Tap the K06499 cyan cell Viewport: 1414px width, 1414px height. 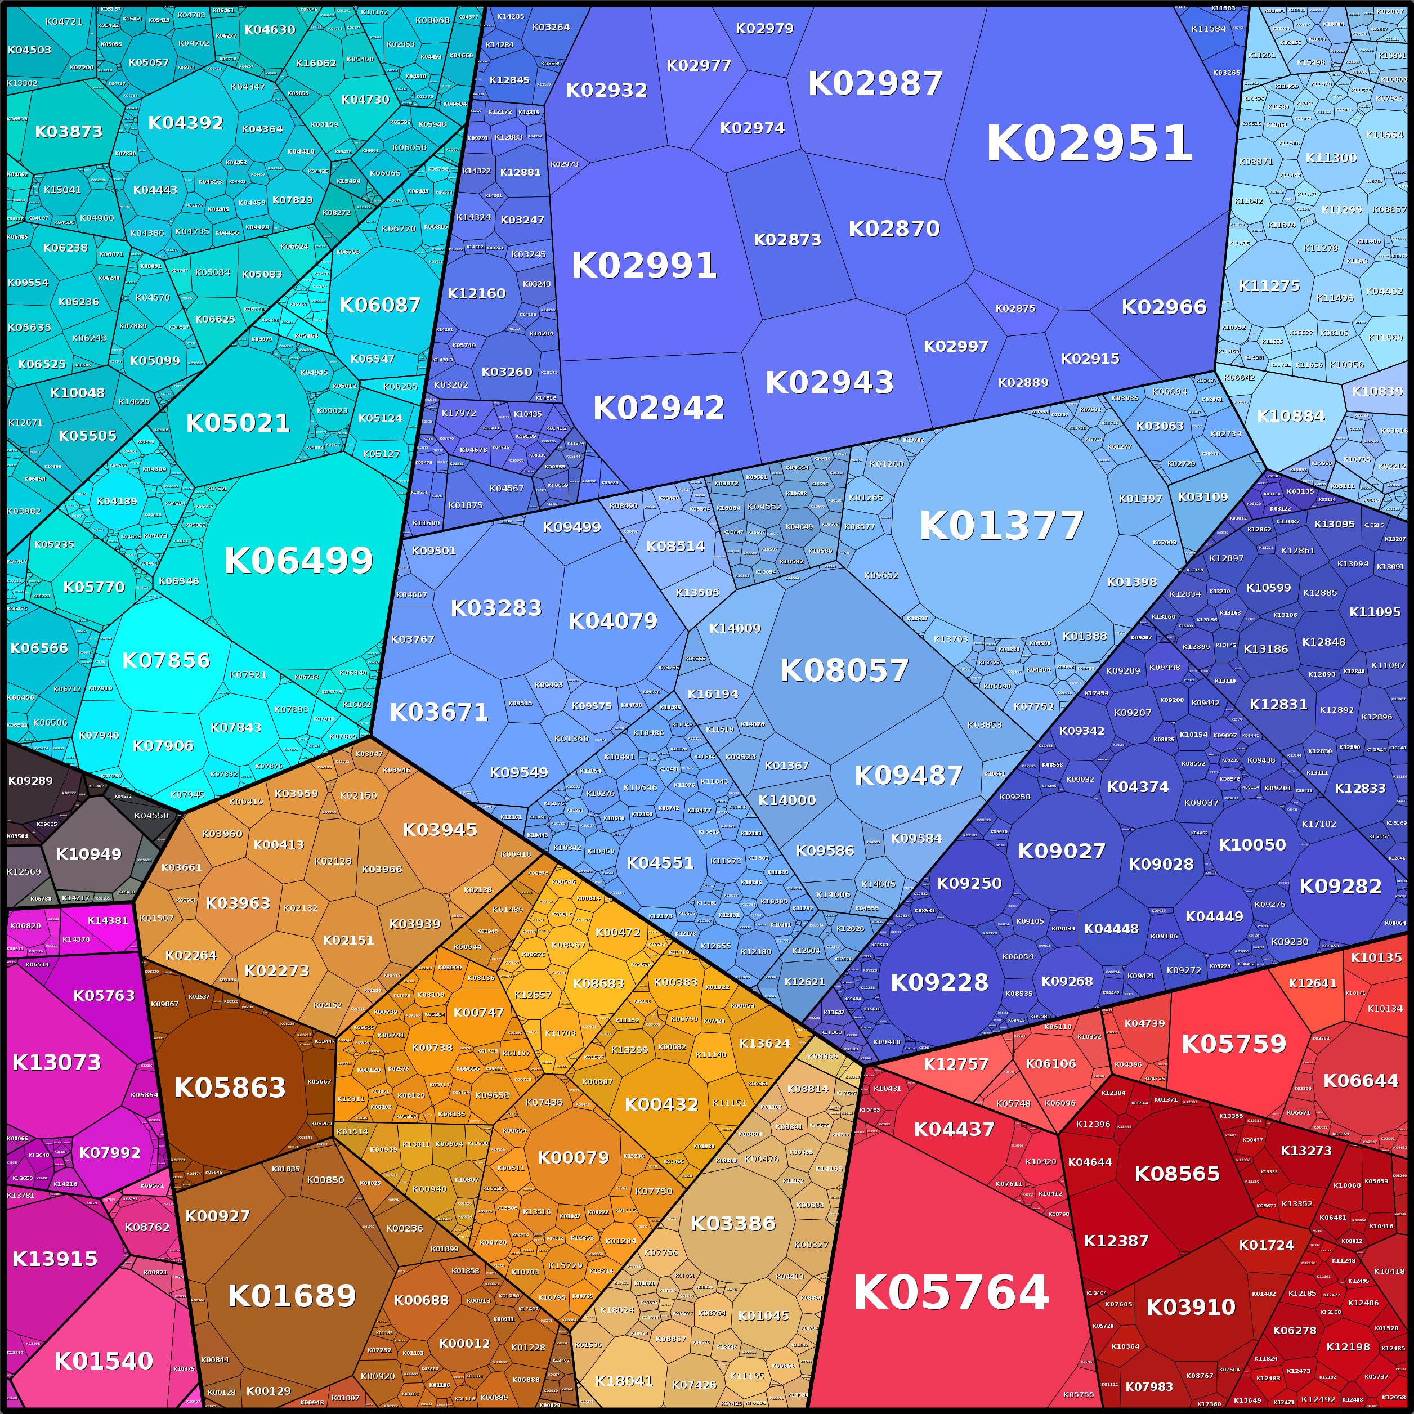click(x=298, y=561)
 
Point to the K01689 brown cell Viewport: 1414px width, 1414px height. click(x=291, y=1296)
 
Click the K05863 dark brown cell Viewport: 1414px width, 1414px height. click(x=230, y=1088)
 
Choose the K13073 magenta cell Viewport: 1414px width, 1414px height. click(x=56, y=1062)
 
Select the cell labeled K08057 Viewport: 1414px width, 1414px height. click(x=844, y=670)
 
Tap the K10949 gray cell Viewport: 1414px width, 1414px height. click(x=88, y=853)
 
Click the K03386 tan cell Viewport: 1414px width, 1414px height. click(x=733, y=1223)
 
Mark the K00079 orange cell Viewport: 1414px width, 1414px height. click(x=573, y=1157)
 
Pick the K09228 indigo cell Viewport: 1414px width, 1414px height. click(x=939, y=982)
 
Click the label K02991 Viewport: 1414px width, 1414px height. click(x=643, y=265)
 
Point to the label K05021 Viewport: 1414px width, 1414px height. click(x=238, y=423)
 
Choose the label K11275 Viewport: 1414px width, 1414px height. click(x=1268, y=285)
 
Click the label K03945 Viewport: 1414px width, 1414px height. click(x=439, y=829)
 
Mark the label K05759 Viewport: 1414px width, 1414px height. click(x=1233, y=1044)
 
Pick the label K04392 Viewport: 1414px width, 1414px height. click(x=185, y=123)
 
